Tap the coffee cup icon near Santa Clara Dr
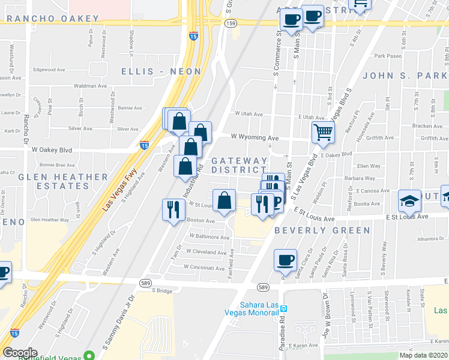click(285, 260)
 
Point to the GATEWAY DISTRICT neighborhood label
click(239, 166)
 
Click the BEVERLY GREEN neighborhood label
click(322, 230)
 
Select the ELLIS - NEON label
click(161, 71)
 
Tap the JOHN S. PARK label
click(402, 76)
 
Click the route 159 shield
click(231, 22)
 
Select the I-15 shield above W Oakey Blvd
click(144, 145)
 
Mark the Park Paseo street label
click(387, 56)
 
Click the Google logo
click(20, 353)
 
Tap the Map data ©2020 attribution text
click(423, 355)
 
